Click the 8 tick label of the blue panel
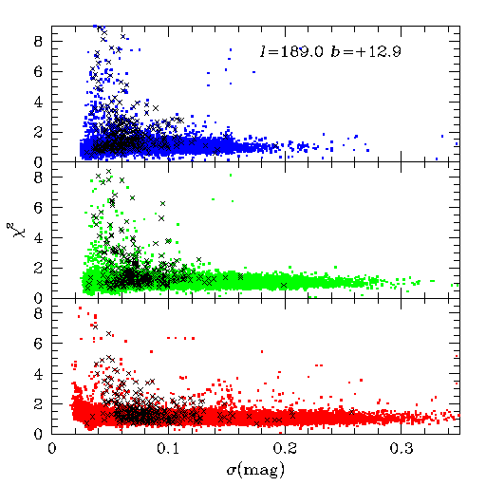click(x=38, y=42)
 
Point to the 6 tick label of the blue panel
click(x=38, y=72)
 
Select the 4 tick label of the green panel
click(x=38, y=238)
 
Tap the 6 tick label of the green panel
click(x=38, y=208)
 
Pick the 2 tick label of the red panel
click(x=38, y=404)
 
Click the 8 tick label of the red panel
click(x=38, y=313)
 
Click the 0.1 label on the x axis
click(x=168, y=449)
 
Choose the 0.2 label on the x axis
click(x=285, y=449)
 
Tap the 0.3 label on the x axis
click(x=402, y=449)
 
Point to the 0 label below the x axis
click(x=52, y=449)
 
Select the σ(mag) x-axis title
click(x=255, y=471)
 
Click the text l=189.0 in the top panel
click(x=291, y=51)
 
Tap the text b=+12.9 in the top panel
click(x=366, y=51)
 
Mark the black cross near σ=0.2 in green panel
click(x=284, y=286)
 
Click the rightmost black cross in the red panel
click(x=352, y=412)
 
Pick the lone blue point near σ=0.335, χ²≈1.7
click(x=442, y=137)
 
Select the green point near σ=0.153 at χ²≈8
click(x=231, y=175)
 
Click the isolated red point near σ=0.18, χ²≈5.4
click(x=262, y=351)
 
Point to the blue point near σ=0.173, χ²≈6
click(x=253, y=72)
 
